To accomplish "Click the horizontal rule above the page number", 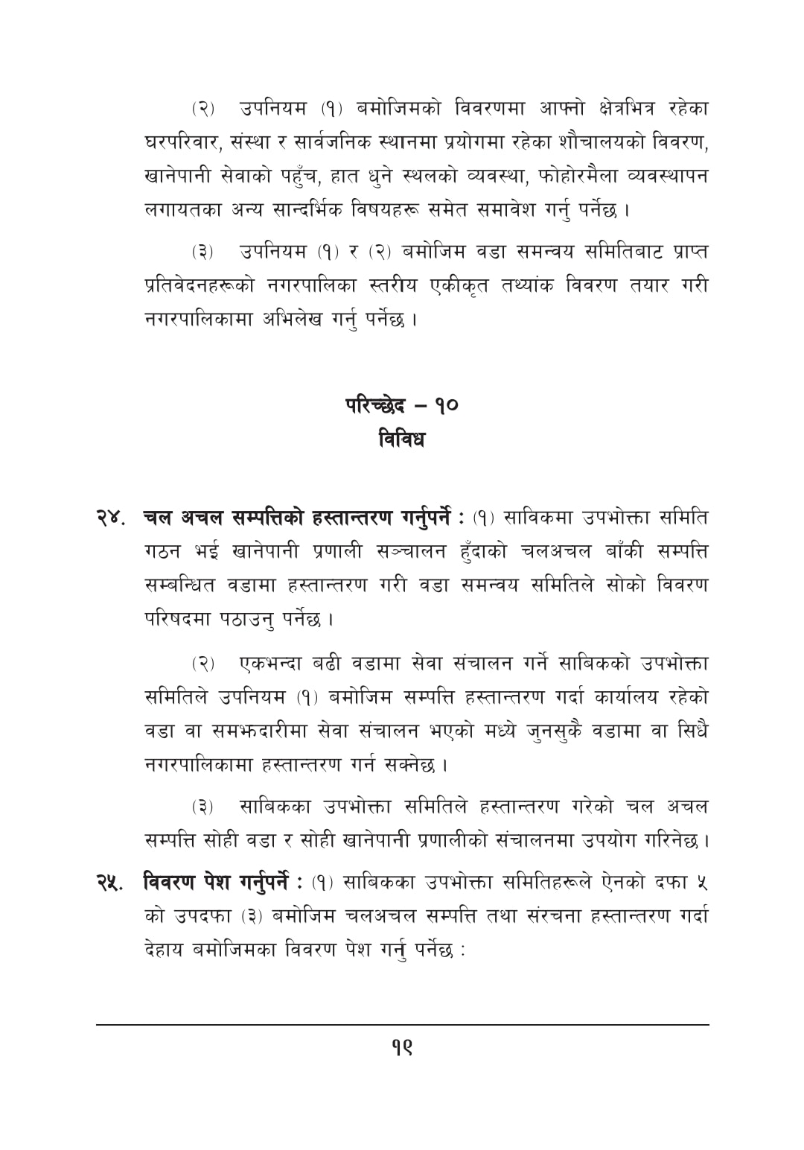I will [402, 1025].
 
